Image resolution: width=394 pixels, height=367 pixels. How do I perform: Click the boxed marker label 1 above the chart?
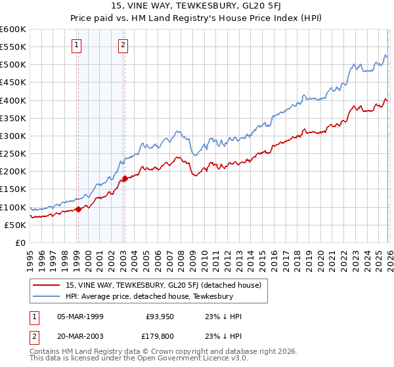[x=77, y=45]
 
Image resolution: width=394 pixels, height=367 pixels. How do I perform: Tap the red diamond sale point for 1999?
[x=78, y=209]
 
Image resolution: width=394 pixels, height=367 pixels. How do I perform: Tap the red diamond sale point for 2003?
[x=125, y=178]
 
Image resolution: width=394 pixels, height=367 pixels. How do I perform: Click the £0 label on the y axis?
[x=20, y=242]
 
